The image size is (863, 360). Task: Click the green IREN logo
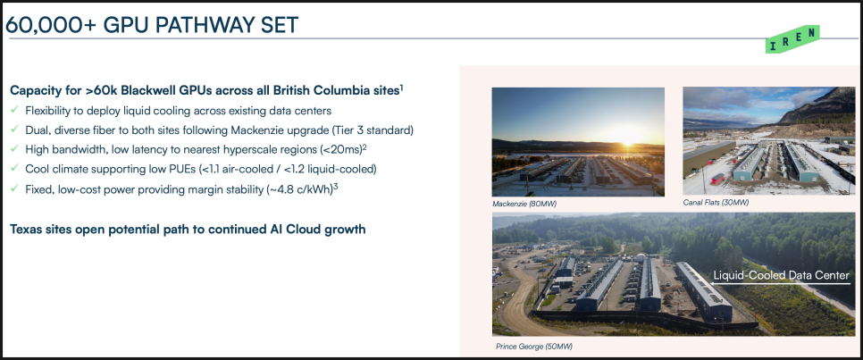pos(792,39)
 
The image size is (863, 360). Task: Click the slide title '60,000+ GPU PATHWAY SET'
pos(151,25)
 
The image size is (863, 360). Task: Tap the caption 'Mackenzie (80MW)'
pos(524,204)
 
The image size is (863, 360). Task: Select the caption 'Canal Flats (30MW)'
pos(716,203)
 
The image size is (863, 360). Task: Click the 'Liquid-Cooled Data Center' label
pos(781,275)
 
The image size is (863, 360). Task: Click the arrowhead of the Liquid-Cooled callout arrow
pos(712,283)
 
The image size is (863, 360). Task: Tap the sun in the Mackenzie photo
pos(625,135)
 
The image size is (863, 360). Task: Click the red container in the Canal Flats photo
pos(717,179)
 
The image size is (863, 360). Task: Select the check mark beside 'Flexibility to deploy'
pos(14,110)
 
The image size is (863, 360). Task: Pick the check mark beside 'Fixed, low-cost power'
pos(14,188)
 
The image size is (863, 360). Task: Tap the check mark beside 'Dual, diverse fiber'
pos(14,130)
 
